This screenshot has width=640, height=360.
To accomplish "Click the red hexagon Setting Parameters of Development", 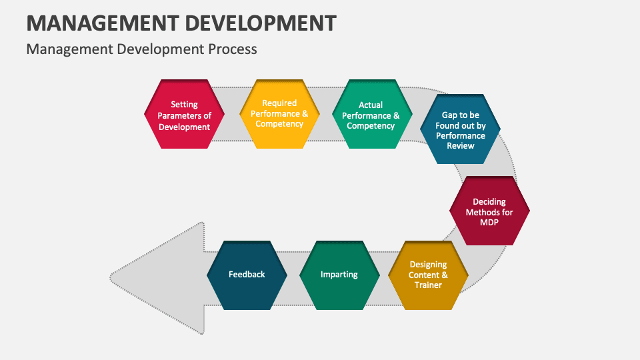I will pos(184,115).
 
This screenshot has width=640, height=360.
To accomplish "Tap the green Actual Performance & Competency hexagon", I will pos(371,115).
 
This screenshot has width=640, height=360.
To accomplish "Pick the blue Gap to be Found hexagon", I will pos(460,130).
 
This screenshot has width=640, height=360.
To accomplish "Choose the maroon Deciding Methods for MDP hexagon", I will pos(489,211).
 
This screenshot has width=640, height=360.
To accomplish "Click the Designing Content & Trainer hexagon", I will pos(428,275).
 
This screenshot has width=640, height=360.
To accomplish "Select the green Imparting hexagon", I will pos(339,275).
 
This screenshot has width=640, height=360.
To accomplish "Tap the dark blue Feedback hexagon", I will pos(247,275).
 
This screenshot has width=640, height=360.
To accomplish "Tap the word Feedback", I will pos(247,275).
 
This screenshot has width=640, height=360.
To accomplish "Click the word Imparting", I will pos(339,275).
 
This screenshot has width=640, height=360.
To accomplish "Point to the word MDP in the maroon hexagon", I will pos(489,222).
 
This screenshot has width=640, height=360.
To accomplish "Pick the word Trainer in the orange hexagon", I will pos(428,285).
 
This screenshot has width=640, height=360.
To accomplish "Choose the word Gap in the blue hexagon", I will pos(450,115).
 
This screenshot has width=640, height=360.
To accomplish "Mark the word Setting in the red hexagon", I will pos(184,105).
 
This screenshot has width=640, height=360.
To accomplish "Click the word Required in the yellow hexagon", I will pos(279,103).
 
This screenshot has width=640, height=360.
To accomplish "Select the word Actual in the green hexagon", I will pos(371,105).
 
